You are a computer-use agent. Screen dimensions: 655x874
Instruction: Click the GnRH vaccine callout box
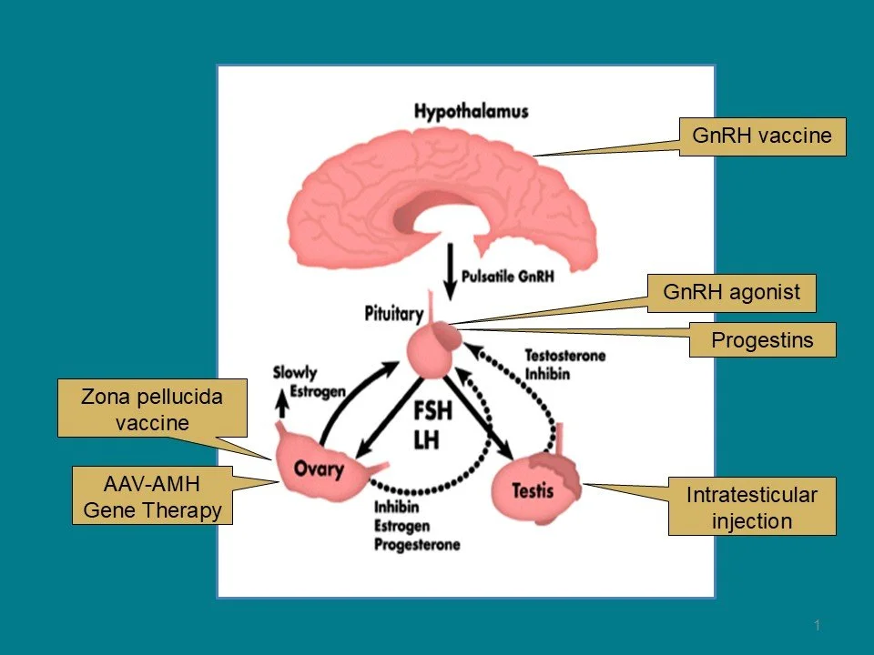coord(762,136)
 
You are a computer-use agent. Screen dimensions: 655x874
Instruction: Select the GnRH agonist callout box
coord(732,293)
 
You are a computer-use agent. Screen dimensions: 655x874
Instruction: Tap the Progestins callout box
coord(761,340)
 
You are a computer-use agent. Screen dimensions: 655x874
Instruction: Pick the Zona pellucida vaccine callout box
coord(153,408)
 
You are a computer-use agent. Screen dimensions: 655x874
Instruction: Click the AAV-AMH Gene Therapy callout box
coord(153,498)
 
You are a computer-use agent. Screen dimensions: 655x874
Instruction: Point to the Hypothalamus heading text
coord(471,112)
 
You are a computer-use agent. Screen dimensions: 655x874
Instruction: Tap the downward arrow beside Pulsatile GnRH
coord(449,269)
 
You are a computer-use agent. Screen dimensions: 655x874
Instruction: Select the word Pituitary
coord(393,315)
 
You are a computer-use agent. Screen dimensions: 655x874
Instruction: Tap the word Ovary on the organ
coord(319,469)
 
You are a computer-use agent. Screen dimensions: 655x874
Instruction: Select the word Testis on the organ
coord(533,491)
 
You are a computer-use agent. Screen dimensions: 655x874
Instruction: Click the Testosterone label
coord(564,356)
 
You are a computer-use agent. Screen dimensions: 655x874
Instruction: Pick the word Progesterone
coord(417,544)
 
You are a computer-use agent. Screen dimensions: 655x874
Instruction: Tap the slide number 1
coord(818,625)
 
